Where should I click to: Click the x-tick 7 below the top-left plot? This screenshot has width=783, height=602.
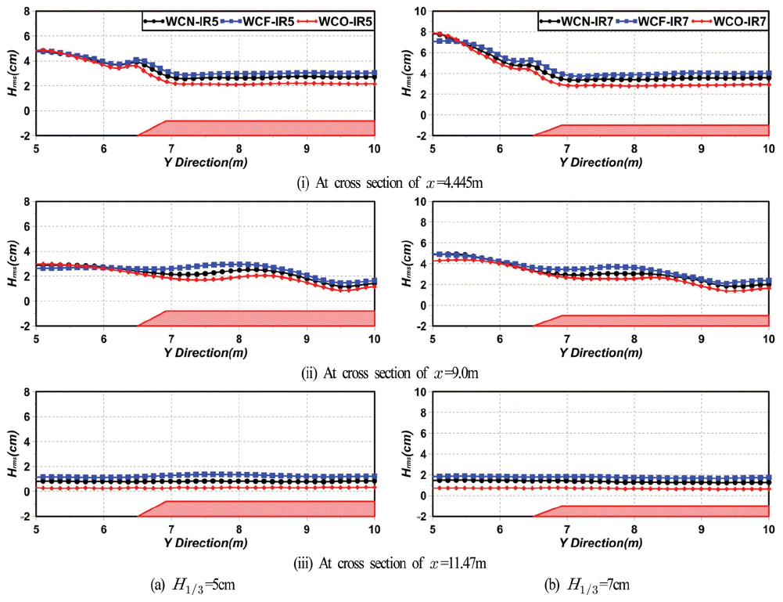click(x=171, y=149)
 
